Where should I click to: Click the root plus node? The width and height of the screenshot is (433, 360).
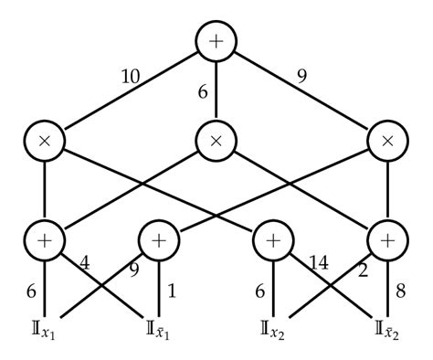pyautogui.click(x=216, y=42)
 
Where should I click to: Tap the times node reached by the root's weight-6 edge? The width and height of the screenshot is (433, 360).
pyautogui.click(x=216, y=143)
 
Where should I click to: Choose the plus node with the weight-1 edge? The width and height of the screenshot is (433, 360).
pyautogui.click(x=158, y=242)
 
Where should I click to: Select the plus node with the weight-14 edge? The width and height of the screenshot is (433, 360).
pyautogui.click(x=273, y=242)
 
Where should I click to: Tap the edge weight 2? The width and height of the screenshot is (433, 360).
pyautogui.click(x=363, y=270)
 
